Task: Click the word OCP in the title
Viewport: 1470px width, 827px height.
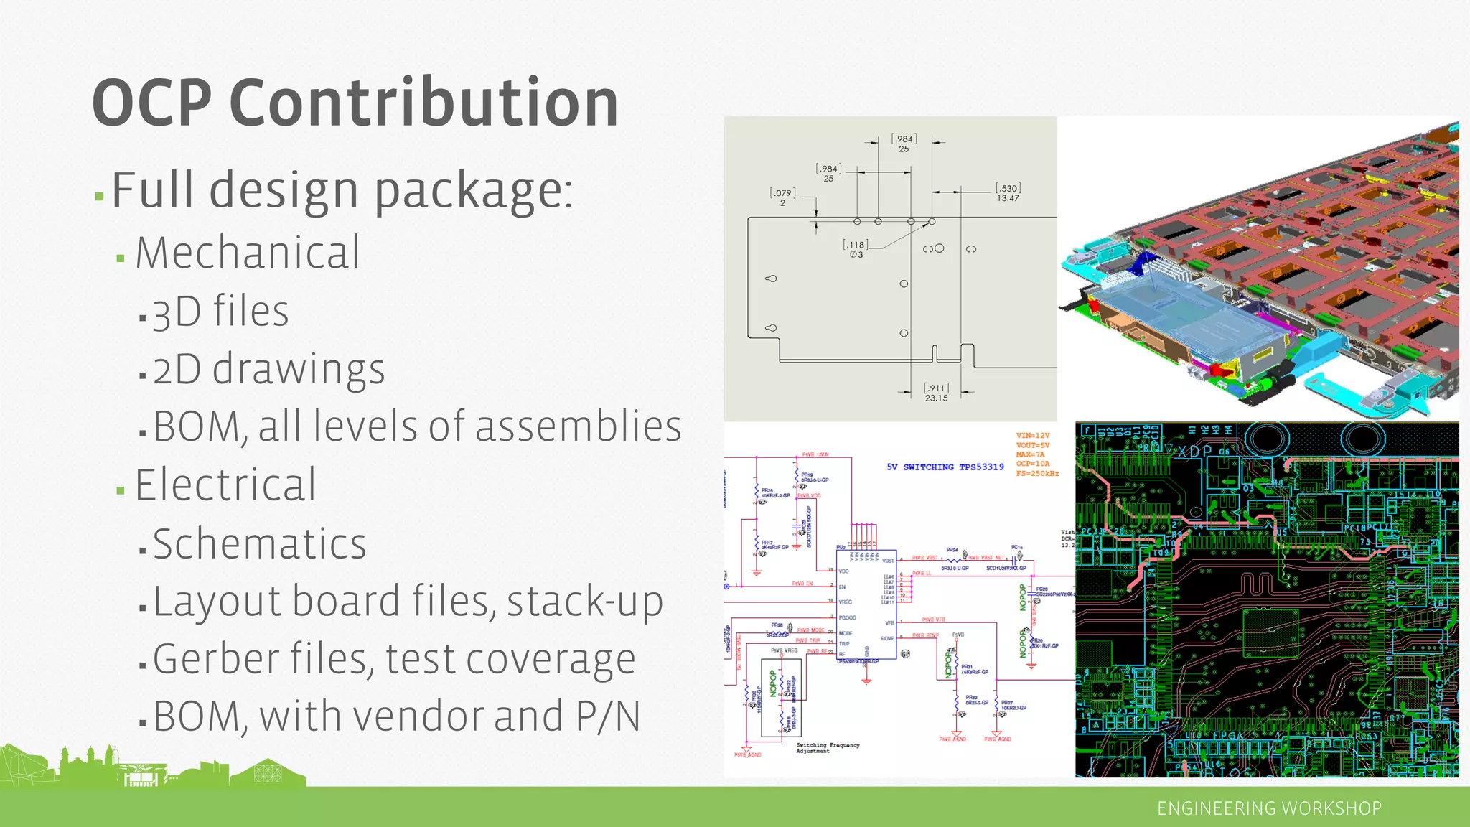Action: tap(151, 103)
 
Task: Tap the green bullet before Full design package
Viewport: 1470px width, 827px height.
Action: tap(99, 195)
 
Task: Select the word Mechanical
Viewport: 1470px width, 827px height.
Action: tap(248, 253)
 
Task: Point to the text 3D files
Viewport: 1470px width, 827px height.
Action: tap(220, 312)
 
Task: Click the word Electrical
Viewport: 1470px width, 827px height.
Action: tap(225, 485)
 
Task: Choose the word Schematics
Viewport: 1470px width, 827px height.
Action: tap(259, 543)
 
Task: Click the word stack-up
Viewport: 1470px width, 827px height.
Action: tap(584, 601)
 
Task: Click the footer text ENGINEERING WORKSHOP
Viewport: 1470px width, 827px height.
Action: tap(1269, 808)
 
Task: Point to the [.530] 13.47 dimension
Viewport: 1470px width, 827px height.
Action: tap(1008, 193)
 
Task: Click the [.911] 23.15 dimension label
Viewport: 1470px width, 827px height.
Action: tap(936, 393)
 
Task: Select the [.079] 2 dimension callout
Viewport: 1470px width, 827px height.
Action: tap(782, 197)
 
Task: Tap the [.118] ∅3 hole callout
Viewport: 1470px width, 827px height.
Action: tap(856, 249)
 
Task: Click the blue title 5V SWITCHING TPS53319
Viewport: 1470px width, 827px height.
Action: tap(945, 467)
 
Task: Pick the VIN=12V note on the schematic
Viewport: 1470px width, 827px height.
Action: tap(1033, 436)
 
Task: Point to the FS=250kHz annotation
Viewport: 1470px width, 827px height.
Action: tap(1037, 474)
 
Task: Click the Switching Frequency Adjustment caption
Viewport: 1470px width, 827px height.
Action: tap(827, 748)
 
